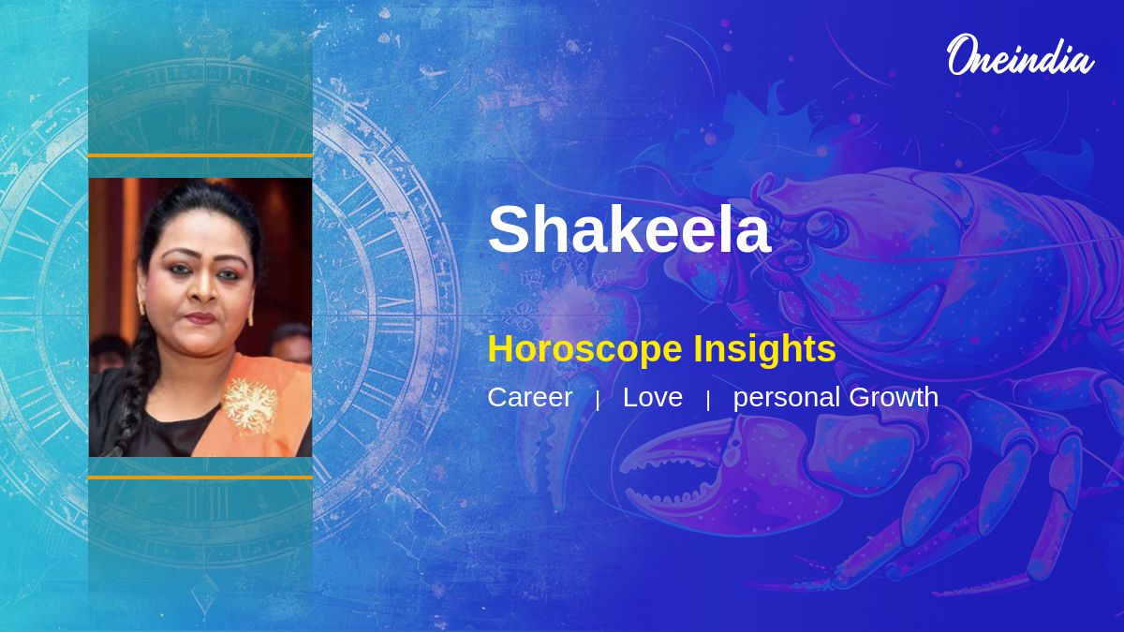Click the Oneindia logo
tap(1021, 55)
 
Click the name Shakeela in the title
tap(629, 229)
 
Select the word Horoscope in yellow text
tap(585, 349)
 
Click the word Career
tap(530, 397)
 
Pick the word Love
tap(653, 397)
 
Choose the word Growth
tap(894, 397)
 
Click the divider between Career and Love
tap(598, 401)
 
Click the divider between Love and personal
tap(708, 401)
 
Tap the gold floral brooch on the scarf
tap(250, 404)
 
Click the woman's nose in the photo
tap(204, 289)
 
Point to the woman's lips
tap(200, 318)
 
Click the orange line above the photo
tap(200, 156)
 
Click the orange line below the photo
tap(200, 478)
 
